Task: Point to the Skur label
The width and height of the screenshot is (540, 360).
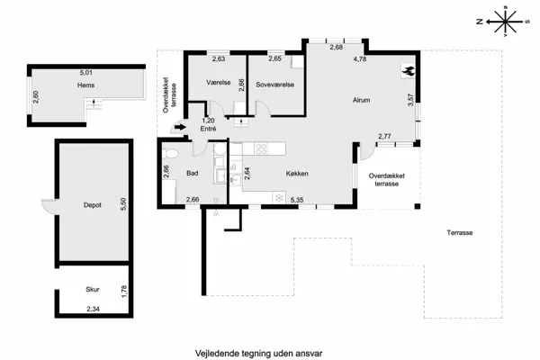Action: [x=93, y=290]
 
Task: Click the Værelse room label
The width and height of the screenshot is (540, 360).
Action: [x=219, y=83]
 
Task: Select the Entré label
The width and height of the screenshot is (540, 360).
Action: [x=209, y=129]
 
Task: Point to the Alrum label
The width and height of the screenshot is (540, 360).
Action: [x=362, y=100]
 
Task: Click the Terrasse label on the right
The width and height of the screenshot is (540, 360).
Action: [x=460, y=233]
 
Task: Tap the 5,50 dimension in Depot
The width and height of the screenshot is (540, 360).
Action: [x=124, y=204]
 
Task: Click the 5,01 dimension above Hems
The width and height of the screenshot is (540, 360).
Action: [x=85, y=71]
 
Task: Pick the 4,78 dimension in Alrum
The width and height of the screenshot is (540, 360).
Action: [x=360, y=59]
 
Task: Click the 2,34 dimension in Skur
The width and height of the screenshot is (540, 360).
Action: [x=94, y=309]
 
